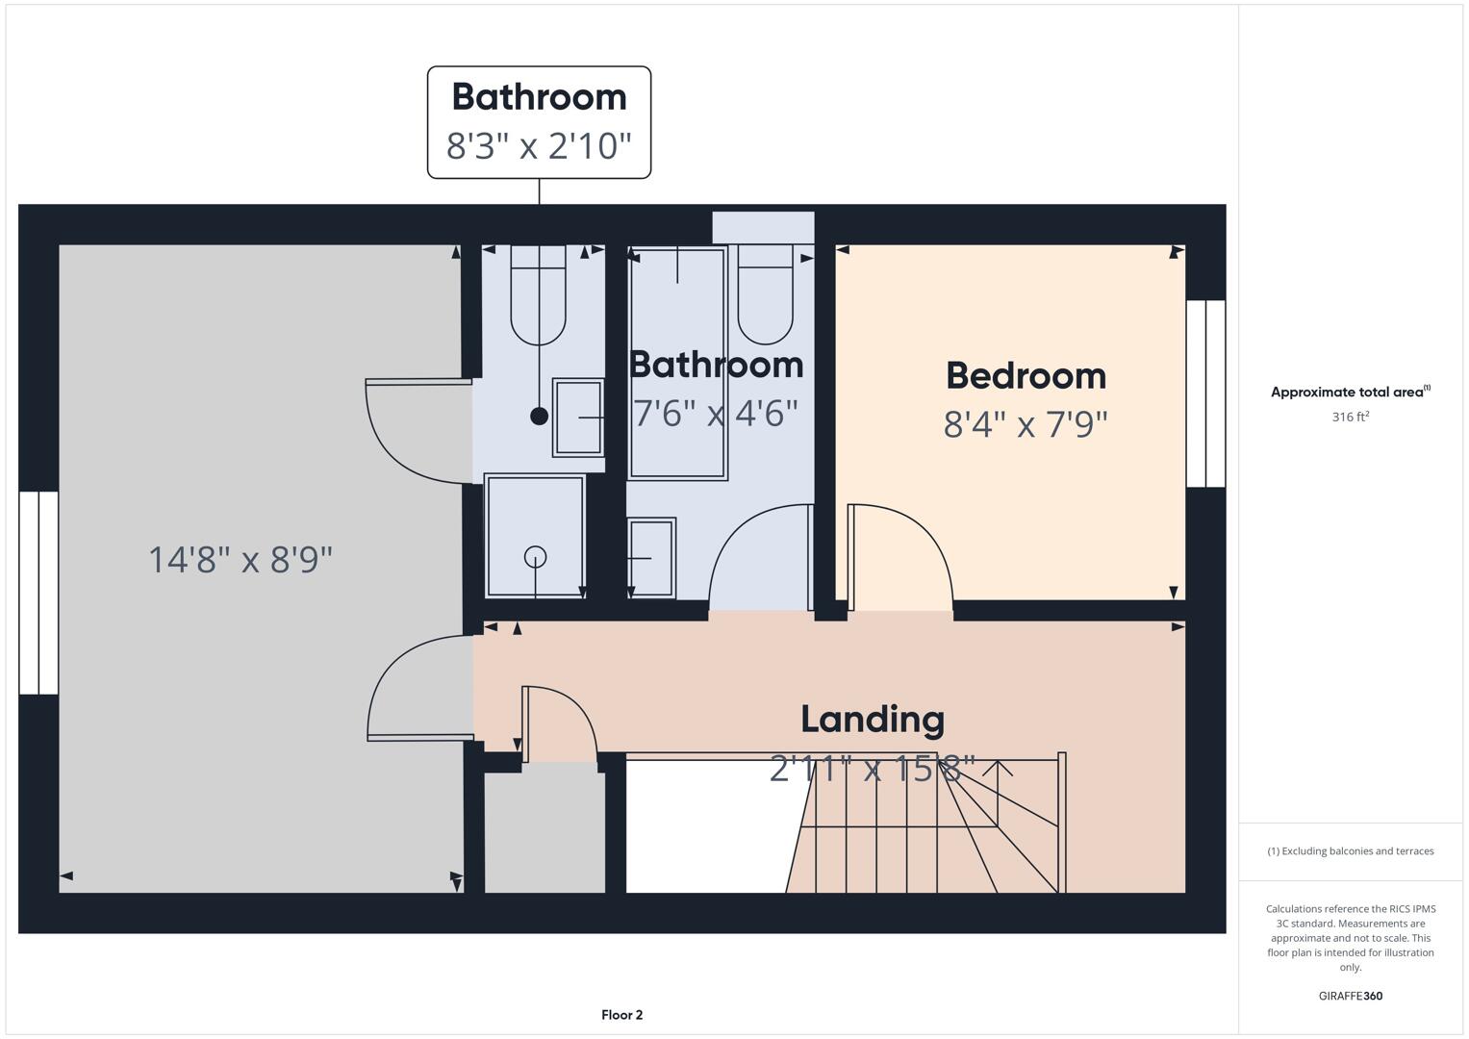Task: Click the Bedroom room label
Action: pyautogui.click(x=1026, y=376)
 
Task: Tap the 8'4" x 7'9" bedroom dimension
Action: pyautogui.click(x=1026, y=424)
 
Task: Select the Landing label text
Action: pyautogui.click(x=873, y=720)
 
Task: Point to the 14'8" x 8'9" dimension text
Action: pyautogui.click(x=241, y=559)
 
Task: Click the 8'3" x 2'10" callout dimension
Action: pyautogui.click(x=539, y=146)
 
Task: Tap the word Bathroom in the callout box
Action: pyautogui.click(x=539, y=97)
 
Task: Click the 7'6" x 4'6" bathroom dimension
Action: pyautogui.click(x=716, y=414)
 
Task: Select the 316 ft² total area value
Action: pyautogui.click(x=1350, y=417)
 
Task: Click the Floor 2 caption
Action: pyautogui.click(x=621, y=1015)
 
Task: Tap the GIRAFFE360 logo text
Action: pyautogui.click(x=1350, y=996)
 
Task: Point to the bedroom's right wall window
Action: pyautogui.click(x=1205, y=393)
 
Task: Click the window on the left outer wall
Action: pyautogui.click(x=38, y=593)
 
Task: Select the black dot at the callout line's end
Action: pyautogui.click(x=539, y=416)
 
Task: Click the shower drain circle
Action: pyautogui.click(x=536, y=556)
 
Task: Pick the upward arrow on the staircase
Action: pyautogui.click(x=998, y=770)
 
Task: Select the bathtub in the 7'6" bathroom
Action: pyautogui.click(x=677, y=364)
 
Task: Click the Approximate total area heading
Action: pyautogui.click(x=1350, y=392)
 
